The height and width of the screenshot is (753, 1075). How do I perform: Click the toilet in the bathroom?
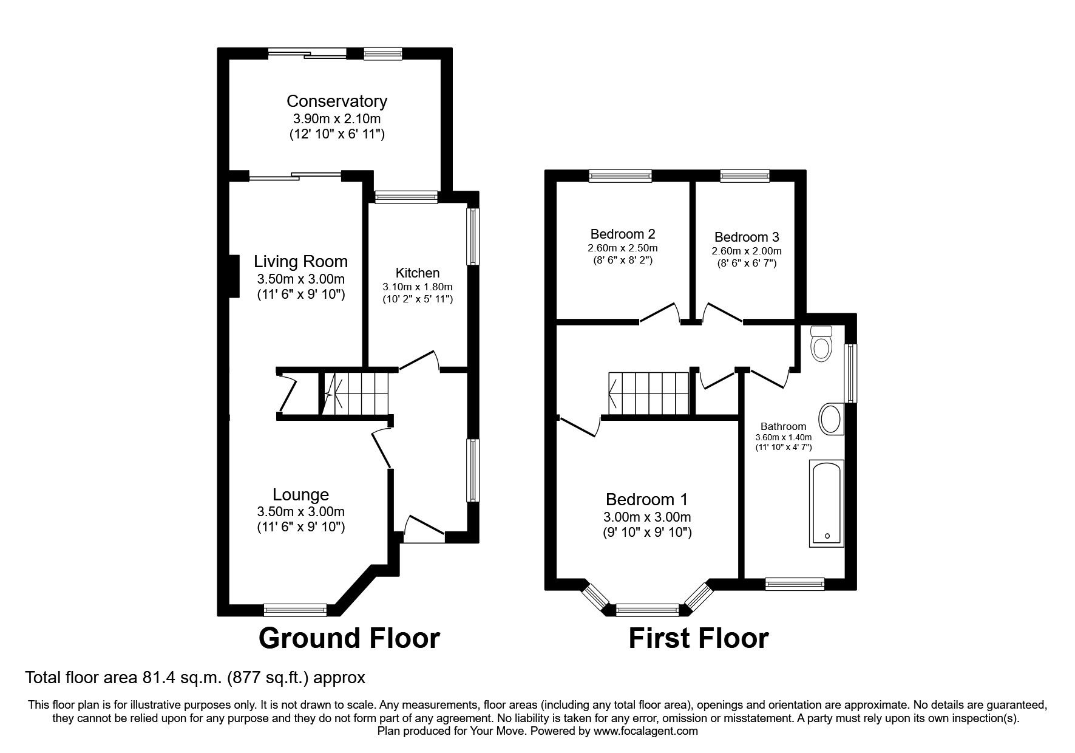pos(821,345)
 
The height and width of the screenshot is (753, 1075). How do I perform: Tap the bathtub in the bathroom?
pos(826,503)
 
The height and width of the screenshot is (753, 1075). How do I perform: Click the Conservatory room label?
pos(337,101)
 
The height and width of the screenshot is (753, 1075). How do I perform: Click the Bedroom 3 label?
pos(747,237)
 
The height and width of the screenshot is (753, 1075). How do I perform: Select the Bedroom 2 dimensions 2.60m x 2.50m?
pos(622,248)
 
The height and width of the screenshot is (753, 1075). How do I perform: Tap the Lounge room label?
pos(300,495)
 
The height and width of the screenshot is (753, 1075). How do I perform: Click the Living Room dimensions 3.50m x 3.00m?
pos(300,280)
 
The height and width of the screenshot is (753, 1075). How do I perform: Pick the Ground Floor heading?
pos(349,638)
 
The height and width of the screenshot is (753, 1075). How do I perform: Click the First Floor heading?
pos(698,638)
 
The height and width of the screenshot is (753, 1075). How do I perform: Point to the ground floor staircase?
pos(355,393)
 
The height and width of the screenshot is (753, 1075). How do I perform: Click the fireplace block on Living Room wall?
pos(233,276)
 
